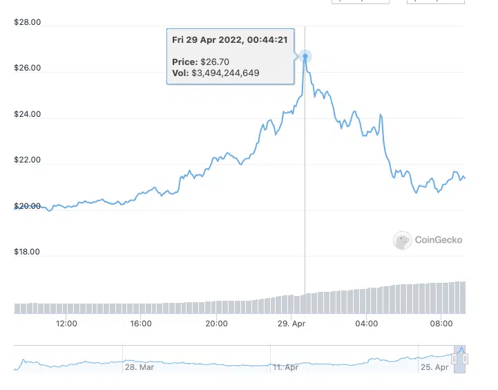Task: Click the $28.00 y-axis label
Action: coord(28,23)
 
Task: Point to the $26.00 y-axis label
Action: coord(28,68)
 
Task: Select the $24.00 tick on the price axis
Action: coord(28,115)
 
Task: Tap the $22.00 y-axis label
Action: coord(28,160)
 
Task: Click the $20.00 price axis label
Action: coord(28,206)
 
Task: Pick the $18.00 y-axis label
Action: coord(28,252)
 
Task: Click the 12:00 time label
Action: coord(66,323)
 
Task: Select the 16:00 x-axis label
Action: coord(141,323)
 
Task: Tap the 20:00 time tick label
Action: coord(217,323)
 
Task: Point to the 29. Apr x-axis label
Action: coord(291,323)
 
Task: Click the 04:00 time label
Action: coord(366,323)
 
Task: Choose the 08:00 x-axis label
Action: coord(441,323)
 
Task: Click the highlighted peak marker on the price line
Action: coord(305,56)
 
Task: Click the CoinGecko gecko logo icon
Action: coord(402,240)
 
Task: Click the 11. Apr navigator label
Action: coord(285,367)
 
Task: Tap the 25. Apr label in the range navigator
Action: coord(436,367)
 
